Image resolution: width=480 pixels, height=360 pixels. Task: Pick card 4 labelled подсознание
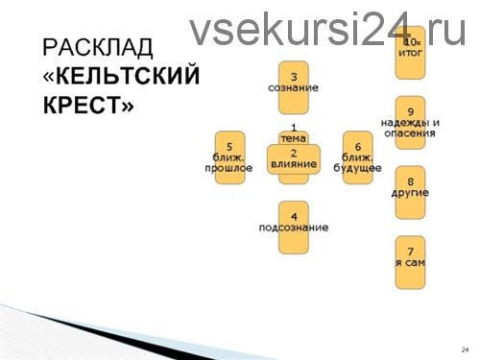tap(294, 227)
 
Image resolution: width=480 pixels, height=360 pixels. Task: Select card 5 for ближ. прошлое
tap(229, 156)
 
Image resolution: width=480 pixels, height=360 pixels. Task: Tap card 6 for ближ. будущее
tap(357, 156)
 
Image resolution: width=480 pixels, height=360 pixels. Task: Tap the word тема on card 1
tap(294, 137)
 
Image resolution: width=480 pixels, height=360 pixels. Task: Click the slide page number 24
tap(465, 348)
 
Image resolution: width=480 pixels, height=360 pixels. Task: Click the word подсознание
tap(294, 228)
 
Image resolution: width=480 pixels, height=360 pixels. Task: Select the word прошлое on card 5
tap(228, 168)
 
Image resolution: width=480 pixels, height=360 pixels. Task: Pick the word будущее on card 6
tap(357, 168)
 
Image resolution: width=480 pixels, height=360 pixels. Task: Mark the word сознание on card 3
tap(294, 88)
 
